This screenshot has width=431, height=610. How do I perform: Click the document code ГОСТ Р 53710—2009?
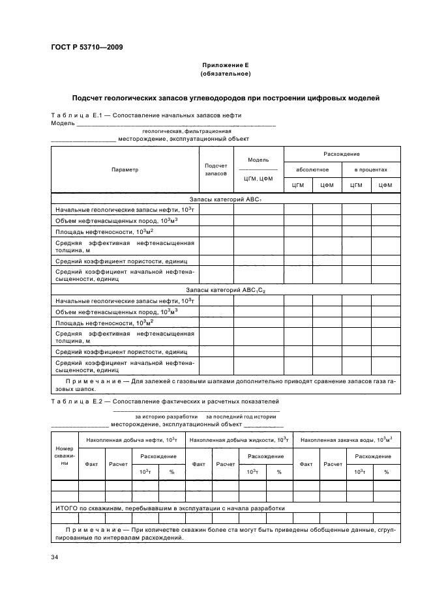point(86,48)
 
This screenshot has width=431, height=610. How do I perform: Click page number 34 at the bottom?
point(55,557)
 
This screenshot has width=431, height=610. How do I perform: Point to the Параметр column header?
point(125,169)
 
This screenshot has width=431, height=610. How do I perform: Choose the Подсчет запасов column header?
point(216,169)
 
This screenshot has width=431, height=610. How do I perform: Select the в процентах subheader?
point(370,169)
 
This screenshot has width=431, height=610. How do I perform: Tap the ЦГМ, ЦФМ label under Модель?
point(258,178)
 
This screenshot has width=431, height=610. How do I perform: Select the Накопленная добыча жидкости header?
point(239,441)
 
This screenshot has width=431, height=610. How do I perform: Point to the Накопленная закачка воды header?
point(346,441)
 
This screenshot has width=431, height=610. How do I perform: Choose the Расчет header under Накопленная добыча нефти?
point(118,464)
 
